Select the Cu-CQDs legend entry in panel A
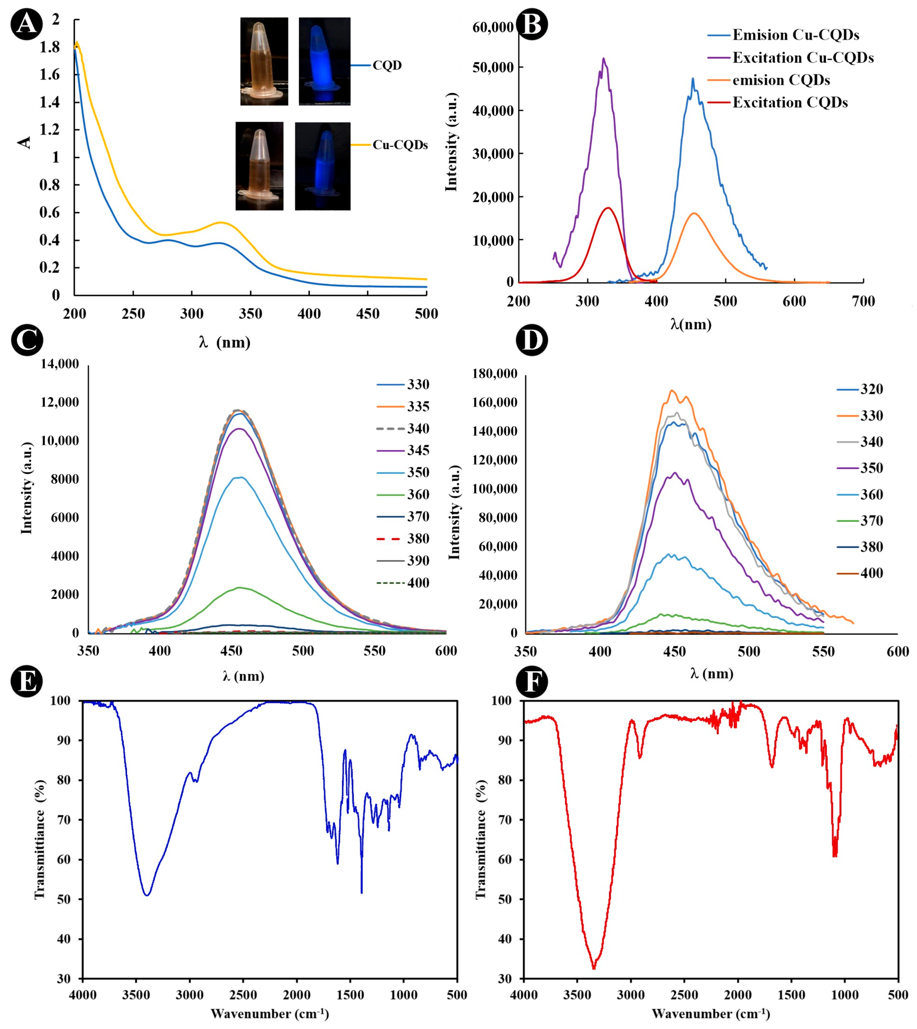coord(400,145)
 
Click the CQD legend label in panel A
coord(387,66)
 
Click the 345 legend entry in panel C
coord(418,450)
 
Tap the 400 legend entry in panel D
coord(871,573)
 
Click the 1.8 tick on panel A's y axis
coord(49,47)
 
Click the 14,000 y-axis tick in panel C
coord(60,364)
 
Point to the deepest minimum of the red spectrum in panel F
coord(594,967)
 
